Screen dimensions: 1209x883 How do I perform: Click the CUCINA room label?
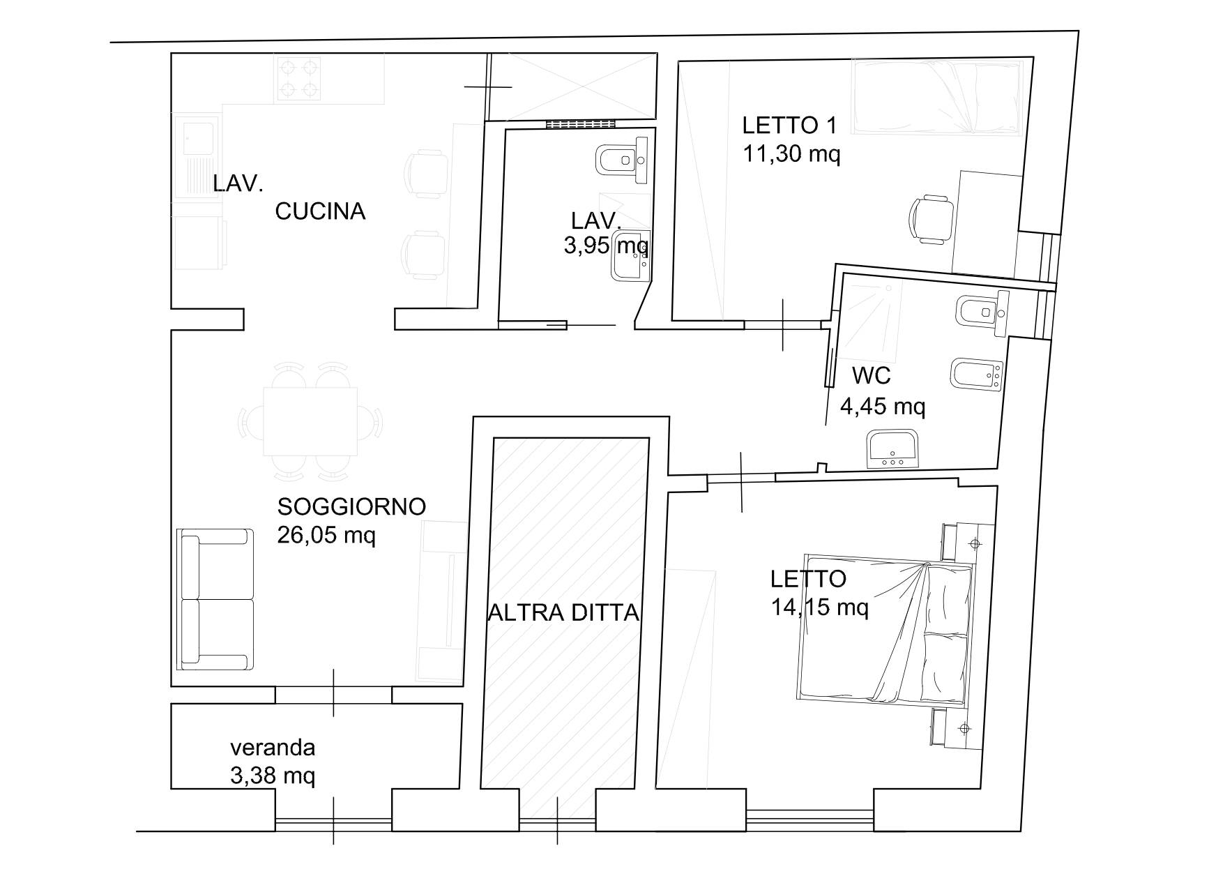(x=320, y=211)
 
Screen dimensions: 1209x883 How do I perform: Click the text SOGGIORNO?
(x=351, y=506)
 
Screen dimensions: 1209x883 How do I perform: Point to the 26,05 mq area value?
(x=326, y=536)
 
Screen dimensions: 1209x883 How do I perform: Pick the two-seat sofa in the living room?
(x=216, y=598)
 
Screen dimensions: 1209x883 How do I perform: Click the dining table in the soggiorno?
(x=310, y=421)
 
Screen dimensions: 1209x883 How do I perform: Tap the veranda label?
(x=273, y=748)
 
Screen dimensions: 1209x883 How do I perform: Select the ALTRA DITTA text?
(x=563, y=612)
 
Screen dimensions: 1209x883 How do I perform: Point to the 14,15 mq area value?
(x=820, y=607)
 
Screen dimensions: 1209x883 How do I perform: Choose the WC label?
(x=872, y=375)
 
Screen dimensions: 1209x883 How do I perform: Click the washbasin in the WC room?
(x=895, y=449)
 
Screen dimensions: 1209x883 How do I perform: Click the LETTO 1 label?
(x=789, y=126)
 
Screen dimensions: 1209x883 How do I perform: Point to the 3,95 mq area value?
(x=606, y=246)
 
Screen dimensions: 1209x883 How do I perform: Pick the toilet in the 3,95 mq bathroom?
(x=623, y=160)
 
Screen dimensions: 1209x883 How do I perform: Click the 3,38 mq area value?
(x=273, y=776)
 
